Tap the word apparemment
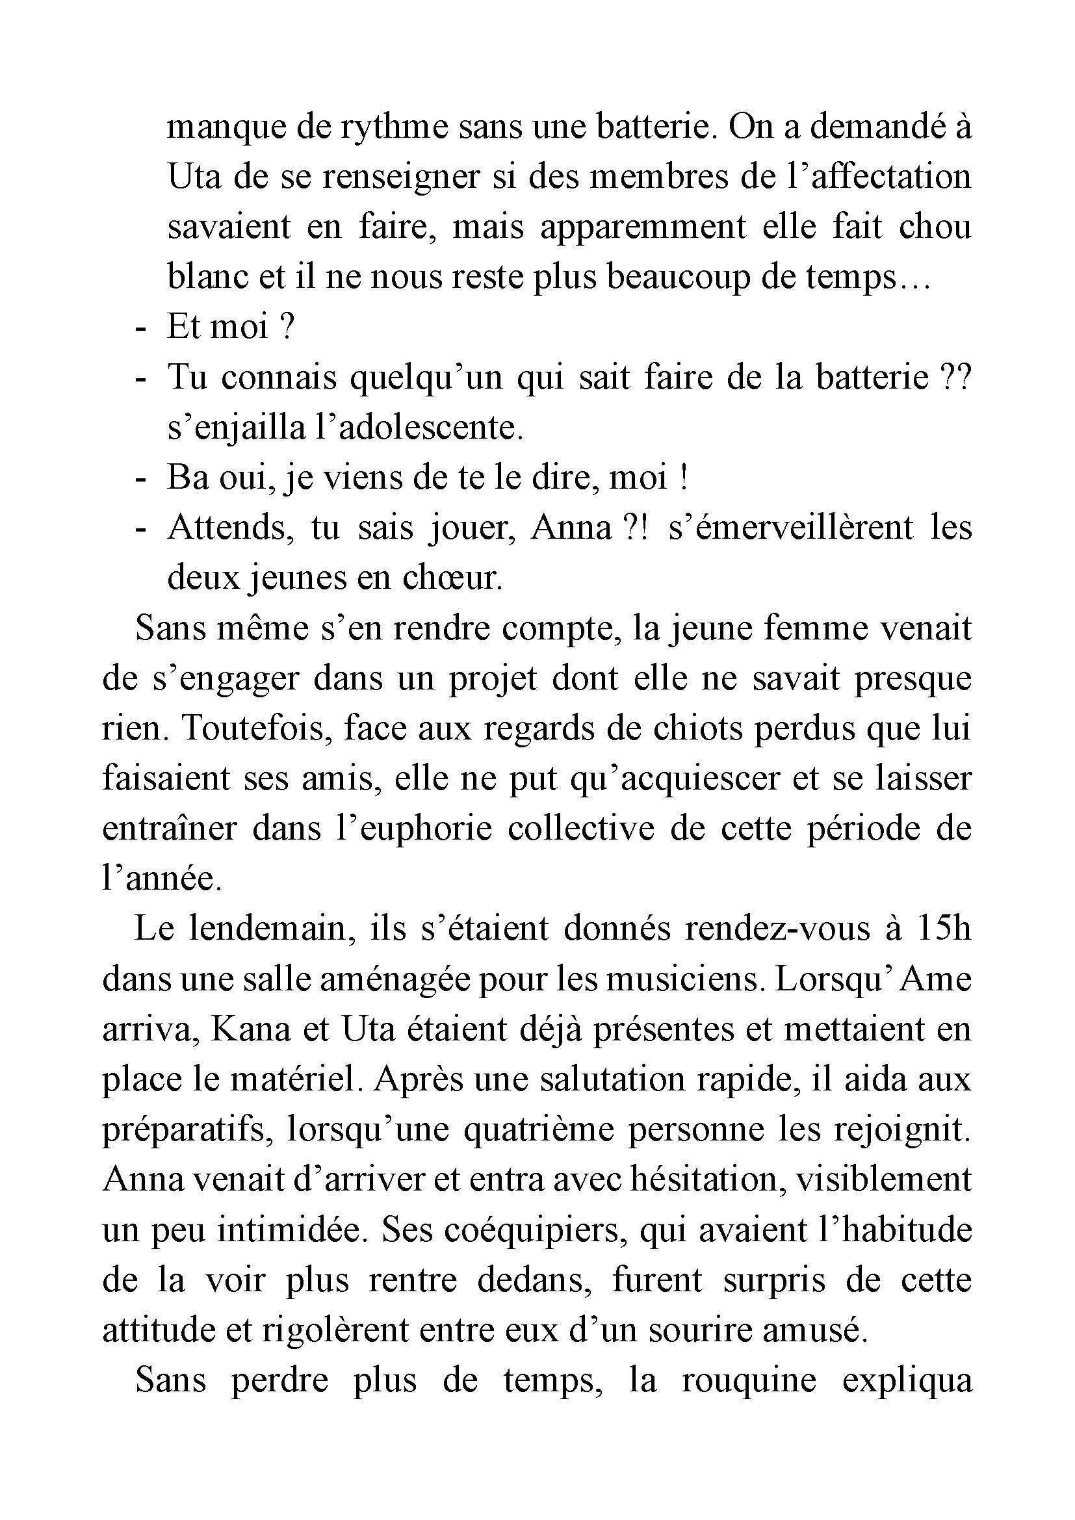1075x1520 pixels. coord(643,227)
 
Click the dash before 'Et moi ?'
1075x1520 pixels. coord(140,328)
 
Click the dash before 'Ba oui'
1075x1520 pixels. coord(140,479)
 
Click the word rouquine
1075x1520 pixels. coord(749,1382)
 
